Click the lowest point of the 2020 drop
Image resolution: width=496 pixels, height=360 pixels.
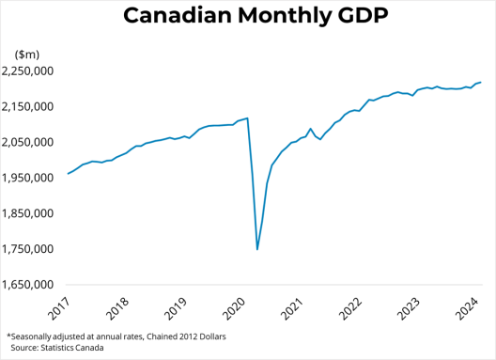tap(257, 249)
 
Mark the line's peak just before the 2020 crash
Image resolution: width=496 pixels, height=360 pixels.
tap(246, 118)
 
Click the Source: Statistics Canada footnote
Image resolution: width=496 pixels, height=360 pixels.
tap(58, 348)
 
